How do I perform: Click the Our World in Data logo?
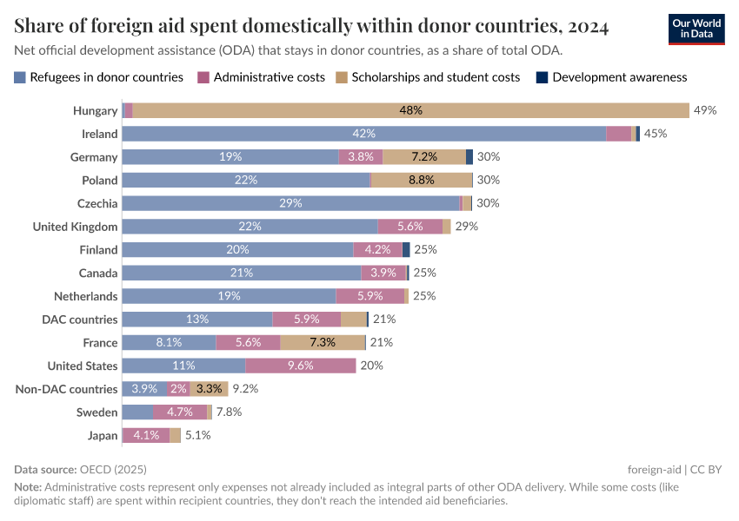click(x=696, y=29)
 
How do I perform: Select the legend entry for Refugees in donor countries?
click(x=99, y=77)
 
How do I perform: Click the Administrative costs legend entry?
click(x=262, y=77)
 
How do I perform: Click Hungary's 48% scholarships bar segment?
click(x=410, y=110)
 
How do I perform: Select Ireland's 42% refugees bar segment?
click(x=363, y=134)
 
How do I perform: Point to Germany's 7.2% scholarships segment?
click(x=423, y=157)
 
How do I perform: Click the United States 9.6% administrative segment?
click(x=300, y=366)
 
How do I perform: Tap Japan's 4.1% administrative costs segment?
click(x=146, y=435)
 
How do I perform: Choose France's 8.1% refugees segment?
click(x=169, y=342)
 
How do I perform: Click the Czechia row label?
click(x=95, y=203)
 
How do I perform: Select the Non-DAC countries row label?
click(x=67, y=389)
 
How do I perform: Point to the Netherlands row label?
click(x=85, y=296)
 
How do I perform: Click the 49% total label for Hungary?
click(x=704, y=110)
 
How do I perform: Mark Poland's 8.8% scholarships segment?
click(x=421, y=180)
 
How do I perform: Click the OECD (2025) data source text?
click(x=113, y=469)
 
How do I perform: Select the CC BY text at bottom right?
click(x=708, y=469)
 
